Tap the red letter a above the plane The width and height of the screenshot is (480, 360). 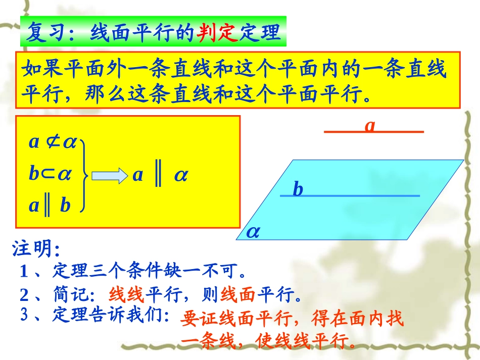370,125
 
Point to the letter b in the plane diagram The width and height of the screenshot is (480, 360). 298,189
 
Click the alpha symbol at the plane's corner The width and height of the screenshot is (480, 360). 253,232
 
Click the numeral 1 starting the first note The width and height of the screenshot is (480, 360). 24,272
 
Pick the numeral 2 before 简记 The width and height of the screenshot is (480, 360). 24,294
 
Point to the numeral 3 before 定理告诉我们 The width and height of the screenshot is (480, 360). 24,316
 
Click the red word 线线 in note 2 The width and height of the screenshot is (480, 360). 127,294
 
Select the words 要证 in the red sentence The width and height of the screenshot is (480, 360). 198,319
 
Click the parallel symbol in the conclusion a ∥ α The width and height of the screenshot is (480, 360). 158,175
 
